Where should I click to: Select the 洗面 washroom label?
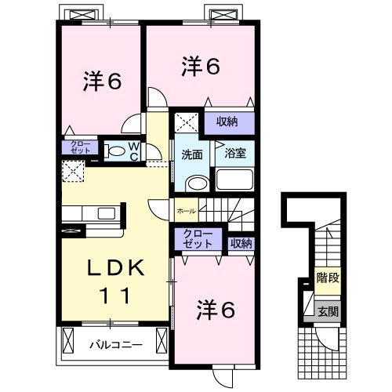click(x=192, y=154)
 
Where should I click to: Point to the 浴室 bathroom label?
click(x=235, y=154)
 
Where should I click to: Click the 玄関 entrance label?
click(x=327, y=311)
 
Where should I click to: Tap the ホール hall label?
click(x=186, y=210)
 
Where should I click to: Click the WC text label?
click(x=133, y=151)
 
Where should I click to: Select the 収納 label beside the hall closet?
click(x=241, y=242)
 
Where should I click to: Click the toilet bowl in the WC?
click(x=114, y=151)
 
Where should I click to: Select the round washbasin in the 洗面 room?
click(x=197, y=183)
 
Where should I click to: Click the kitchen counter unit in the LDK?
click(x=92, y=213)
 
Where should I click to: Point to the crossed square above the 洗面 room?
click(x=186, y=122)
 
